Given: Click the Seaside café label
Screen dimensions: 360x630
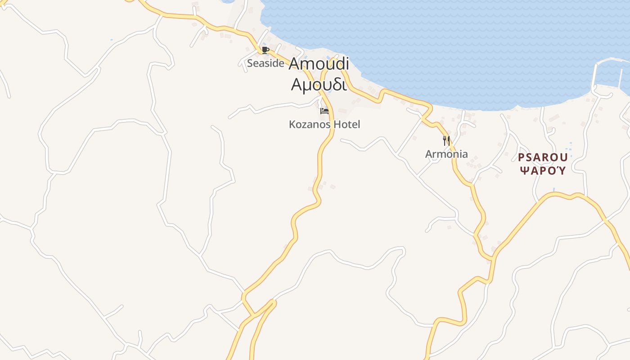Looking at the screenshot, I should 265,63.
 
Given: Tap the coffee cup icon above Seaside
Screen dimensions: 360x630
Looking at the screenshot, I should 265,50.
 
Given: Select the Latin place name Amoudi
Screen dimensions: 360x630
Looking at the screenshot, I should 319,64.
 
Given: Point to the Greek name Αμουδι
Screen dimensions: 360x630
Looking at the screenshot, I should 319,84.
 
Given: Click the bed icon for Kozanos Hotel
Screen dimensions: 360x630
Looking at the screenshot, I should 324,111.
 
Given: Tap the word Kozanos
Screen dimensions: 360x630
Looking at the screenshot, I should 309,124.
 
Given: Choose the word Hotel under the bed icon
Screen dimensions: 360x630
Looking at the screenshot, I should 347,124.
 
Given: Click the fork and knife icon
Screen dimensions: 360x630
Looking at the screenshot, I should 446,140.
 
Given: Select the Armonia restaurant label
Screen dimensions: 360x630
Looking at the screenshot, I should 446,154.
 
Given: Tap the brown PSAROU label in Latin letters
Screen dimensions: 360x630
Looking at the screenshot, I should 543,158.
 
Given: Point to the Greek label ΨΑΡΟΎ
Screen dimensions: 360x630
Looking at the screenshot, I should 543,171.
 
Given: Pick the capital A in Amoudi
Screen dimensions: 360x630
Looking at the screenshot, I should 294,64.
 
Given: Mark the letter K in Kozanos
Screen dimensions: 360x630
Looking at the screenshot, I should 292,124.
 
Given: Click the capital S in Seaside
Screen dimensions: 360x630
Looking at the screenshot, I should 250,63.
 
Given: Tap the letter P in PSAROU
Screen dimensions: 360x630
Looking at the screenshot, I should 521,158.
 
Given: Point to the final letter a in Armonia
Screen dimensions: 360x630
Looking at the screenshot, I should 465,154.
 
